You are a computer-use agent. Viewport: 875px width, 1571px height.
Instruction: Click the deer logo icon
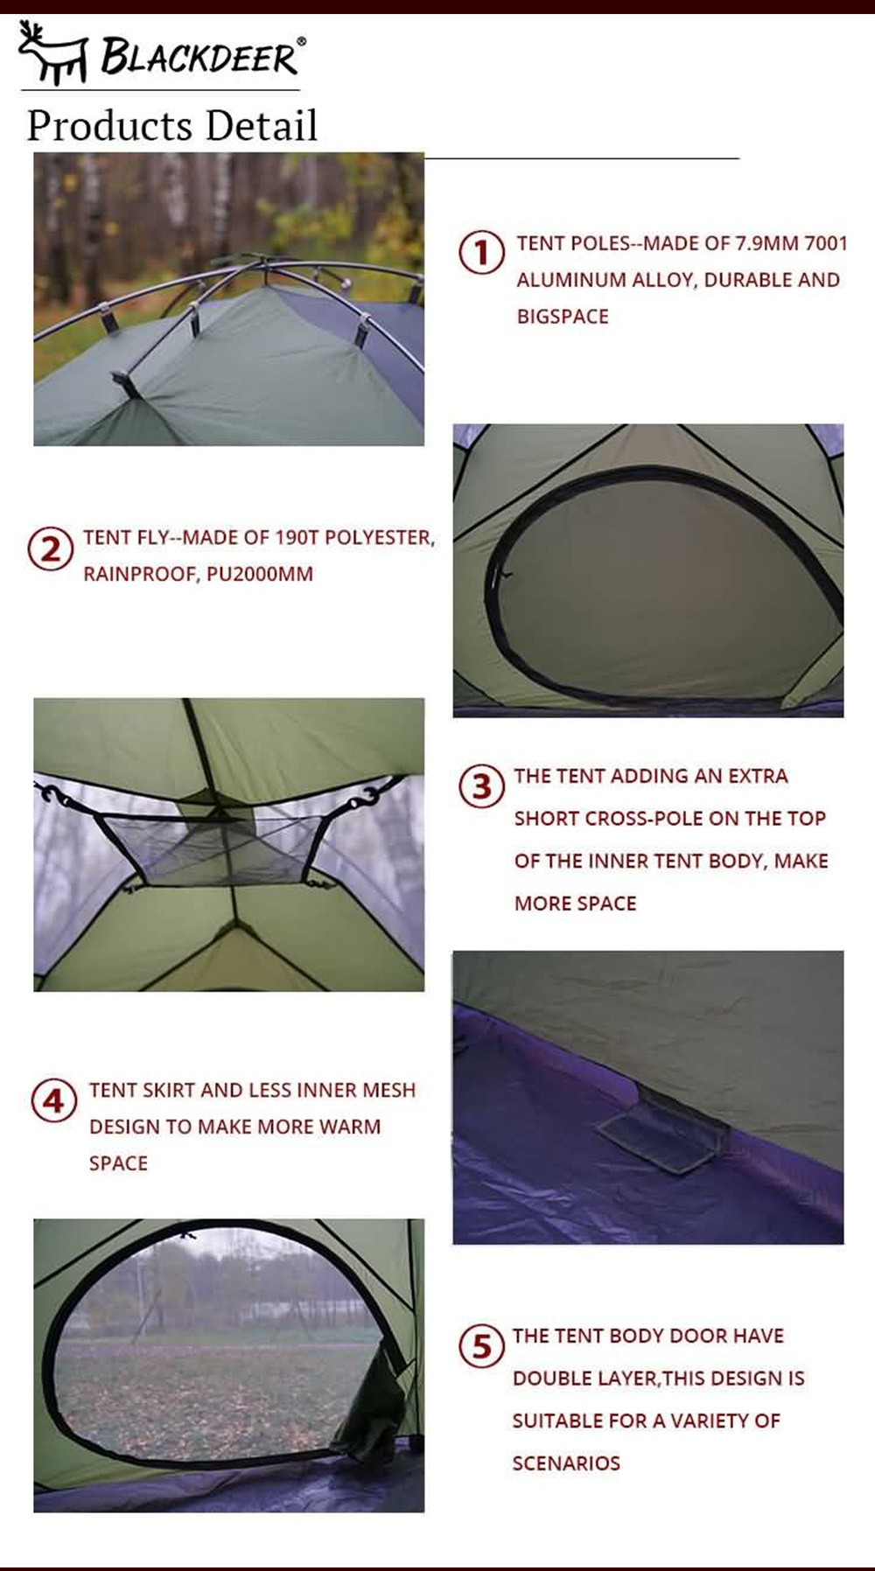pyautogui.click(x=52, y=55)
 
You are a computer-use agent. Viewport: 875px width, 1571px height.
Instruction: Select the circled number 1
pyautogui.click(x=481, y=253)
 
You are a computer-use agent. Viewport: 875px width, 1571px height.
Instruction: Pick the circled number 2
pyautogui.click(x=51, y=549)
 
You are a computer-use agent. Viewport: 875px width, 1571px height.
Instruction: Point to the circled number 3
pyautogui.click(x=481, y=785)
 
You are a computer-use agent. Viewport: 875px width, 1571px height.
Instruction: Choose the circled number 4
pyautogui.click(x=53, y=1100)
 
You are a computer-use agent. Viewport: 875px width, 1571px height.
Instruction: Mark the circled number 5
pyautogui.click(x=481, y=1345)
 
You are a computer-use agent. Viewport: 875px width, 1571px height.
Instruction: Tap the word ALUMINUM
pyautogui.click(x=570, y=280)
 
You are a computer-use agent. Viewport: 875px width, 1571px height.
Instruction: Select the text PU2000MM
pyautogui.click(x=260, y=574)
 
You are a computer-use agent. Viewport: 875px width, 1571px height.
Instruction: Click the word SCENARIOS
pyautogui.click(x=566, y=1463)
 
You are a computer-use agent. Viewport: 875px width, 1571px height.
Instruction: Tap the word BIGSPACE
pyautogui.click(x=563, y=317)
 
